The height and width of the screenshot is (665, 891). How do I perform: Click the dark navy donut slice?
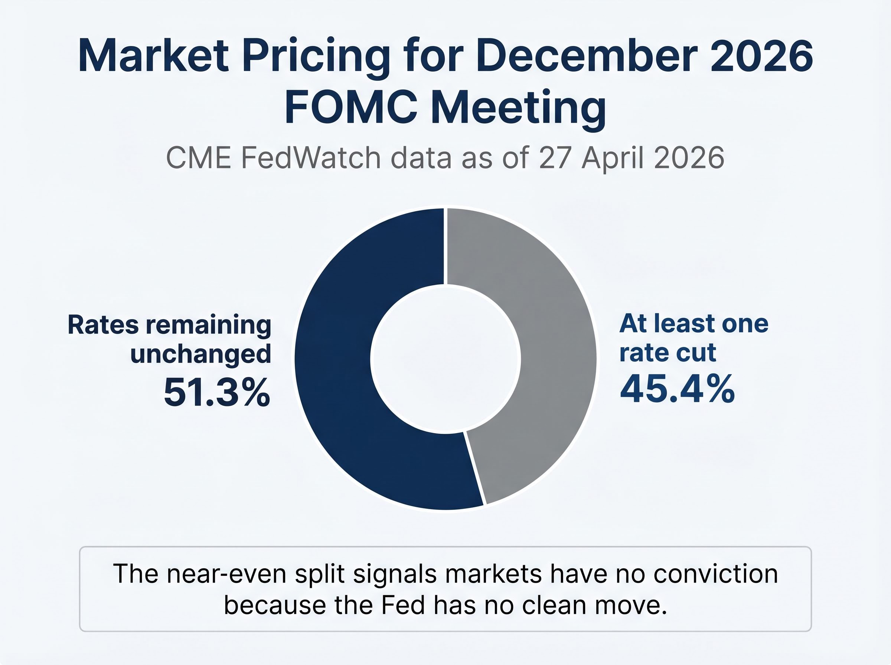point(334,362)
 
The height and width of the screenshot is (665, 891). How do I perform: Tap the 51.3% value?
point(216,392)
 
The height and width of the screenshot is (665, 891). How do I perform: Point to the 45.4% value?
point(677,389)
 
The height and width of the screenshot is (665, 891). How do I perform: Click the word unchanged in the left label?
point(200,355)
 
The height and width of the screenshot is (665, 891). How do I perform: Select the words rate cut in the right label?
point(668,353)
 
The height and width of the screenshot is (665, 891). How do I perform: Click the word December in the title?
point(586,56)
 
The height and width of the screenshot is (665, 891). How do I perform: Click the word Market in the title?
point(153,56)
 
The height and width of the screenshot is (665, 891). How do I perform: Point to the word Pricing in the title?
point(316,56)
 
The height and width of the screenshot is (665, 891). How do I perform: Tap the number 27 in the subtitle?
point(554,158)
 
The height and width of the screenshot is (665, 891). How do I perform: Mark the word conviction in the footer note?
point(715,574)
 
